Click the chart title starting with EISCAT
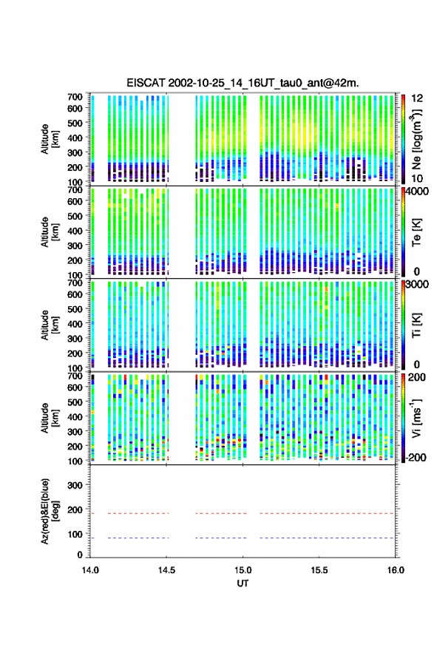(x=243, y=83)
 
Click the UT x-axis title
(x=243, y=583)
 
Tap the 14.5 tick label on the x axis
(x=166, y=570)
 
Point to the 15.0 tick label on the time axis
(x=243, y=570)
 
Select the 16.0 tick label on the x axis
(x=396, y=570)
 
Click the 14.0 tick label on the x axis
(x=90, y=570)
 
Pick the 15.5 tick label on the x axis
(x=319, y=570)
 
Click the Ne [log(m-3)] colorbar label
(x=416, y=139)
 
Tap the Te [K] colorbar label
(x=416, y=232)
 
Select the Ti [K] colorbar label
(x=416, y=325)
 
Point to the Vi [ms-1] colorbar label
(x=416, y=418)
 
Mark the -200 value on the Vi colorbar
(x=416, y=458)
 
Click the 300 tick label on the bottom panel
(x=75, y=485)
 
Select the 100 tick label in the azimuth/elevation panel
(x=75, y=535)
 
